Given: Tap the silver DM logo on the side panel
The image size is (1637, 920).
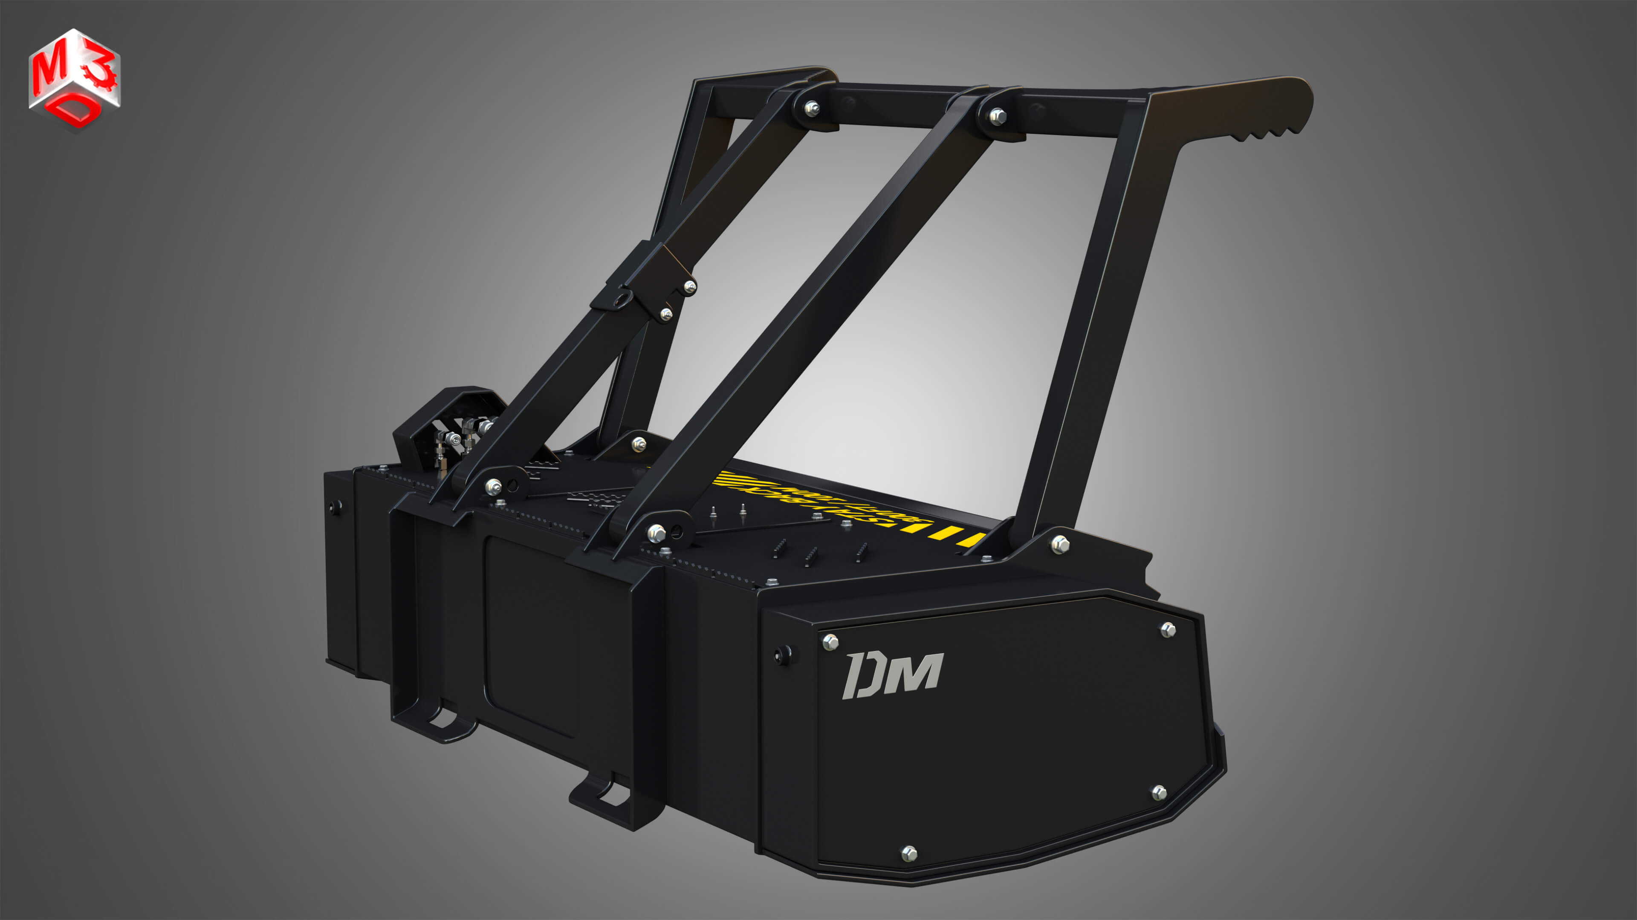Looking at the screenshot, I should pyautogui.click(x=892, y=675).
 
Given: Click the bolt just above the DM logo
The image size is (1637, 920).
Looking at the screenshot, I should pyautogui.click(x=830, y=642).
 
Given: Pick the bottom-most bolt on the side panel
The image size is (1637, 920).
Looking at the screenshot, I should pyautogui.click(x=909, y=853).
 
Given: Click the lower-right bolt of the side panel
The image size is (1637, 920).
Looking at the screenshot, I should pyautogui.click(x=1159, y=792).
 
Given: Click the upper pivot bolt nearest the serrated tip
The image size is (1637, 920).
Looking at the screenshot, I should pyautogui.click(x=998, y=116).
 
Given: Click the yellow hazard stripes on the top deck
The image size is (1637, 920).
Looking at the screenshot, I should pyautogui.click(x=953, y=534).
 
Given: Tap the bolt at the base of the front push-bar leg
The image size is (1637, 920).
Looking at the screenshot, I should pyautogui.click(x=1059, y=544).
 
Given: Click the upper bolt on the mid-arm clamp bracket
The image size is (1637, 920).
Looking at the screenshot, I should pyautogui.click(x=689, y=288).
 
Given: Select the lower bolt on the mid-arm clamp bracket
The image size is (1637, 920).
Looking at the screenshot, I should pyautogui.click(x=666, y=313).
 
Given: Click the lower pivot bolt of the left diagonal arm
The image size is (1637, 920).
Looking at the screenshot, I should pyautogui.click(x=493, y=487).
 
